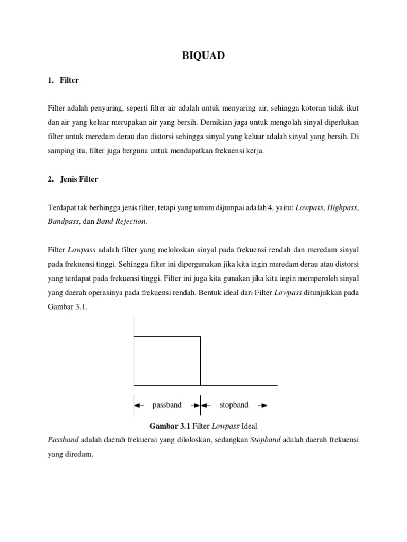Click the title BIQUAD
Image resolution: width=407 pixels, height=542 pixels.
[x=203, y=56]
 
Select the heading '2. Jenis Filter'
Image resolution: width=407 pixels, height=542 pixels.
[x=73, y=179]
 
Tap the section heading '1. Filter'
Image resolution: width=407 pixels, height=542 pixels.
[x=63, y=80]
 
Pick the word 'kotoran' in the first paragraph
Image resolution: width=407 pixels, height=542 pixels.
[x=309, y=109]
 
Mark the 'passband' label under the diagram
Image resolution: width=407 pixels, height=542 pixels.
[x=167, y=405]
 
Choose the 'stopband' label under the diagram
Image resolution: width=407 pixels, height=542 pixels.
[x=234, y=405]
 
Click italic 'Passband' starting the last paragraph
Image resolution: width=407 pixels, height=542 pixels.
[x=63, y=440]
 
